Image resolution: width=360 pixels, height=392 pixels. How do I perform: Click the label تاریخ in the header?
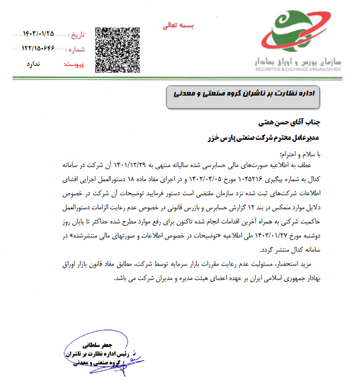(x=78, y=34)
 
